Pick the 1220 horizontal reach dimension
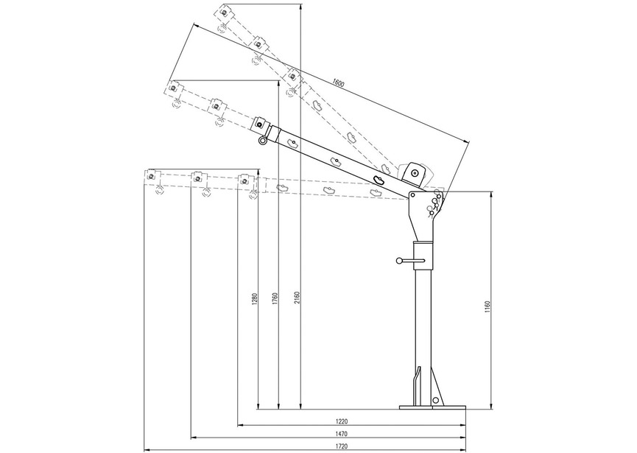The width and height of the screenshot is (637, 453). [x=341, y=421]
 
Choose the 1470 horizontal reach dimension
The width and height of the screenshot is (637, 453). [x=341, y=433]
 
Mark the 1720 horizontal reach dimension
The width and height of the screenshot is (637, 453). [x=341, y=445]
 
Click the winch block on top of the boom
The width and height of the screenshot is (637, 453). [x=414, y=173]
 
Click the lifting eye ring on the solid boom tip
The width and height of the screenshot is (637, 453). [x=261, y=141]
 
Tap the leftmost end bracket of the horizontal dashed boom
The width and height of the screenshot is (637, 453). [x=152, y=177]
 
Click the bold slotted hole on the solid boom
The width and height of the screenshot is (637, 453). [x=380, y=180]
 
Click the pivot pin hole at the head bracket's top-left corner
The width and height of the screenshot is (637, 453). [x=412, y=195]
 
